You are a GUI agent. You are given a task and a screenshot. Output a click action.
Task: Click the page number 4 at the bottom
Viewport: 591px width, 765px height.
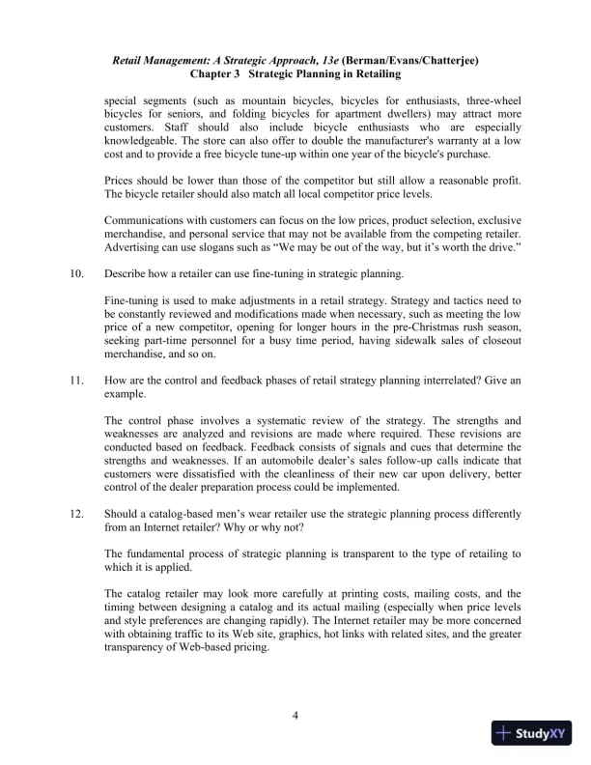[x=295, y=716]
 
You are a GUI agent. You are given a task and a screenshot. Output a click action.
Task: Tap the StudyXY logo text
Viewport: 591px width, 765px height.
[x=541, y=733]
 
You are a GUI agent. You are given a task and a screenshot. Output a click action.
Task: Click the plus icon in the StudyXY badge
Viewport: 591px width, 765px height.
[x=505, y=733]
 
